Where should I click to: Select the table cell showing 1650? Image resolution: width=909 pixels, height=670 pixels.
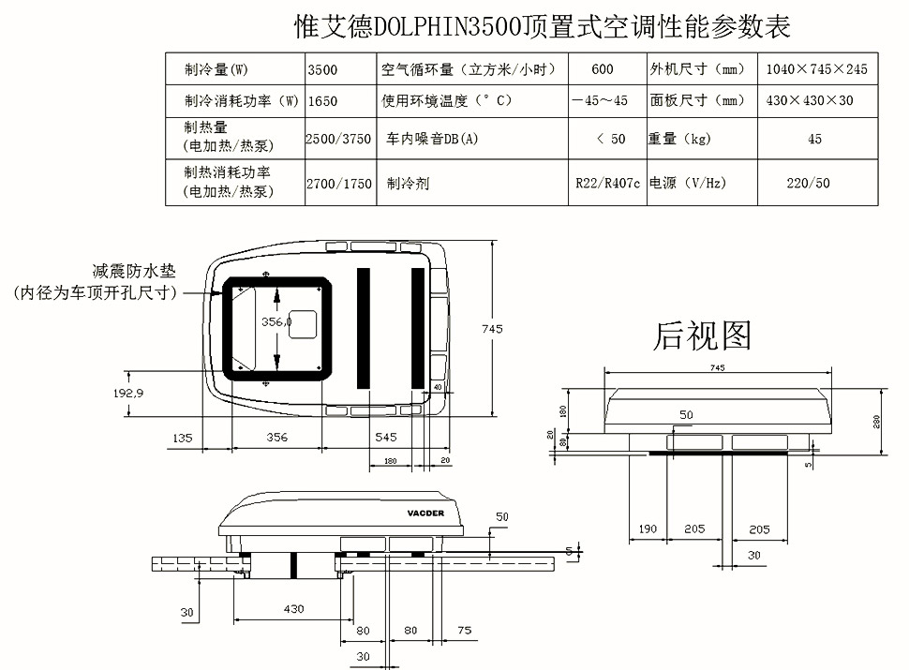pos(321,101)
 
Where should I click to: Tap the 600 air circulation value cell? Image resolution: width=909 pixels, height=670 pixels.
pos(603,69)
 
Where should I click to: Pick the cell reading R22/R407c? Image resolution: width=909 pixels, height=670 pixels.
pos(607,184)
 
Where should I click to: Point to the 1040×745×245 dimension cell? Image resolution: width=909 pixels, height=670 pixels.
pos(816,69)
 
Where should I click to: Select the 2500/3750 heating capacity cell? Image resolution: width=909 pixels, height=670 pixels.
pos(338,139)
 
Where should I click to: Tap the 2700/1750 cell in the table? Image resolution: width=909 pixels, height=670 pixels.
pos(338,184)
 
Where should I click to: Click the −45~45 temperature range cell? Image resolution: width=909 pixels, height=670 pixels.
pos(600,101)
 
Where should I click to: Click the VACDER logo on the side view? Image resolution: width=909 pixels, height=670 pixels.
pos(426,514)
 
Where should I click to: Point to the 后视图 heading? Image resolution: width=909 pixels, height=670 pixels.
pos(702,335)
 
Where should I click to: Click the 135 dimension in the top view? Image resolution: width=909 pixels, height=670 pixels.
pos(183,438)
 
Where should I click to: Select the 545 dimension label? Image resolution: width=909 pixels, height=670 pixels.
pos(385,438)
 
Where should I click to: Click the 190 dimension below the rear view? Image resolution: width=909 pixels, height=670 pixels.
pos(648,529)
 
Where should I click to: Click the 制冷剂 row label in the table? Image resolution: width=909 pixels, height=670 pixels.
pos(408,184)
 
